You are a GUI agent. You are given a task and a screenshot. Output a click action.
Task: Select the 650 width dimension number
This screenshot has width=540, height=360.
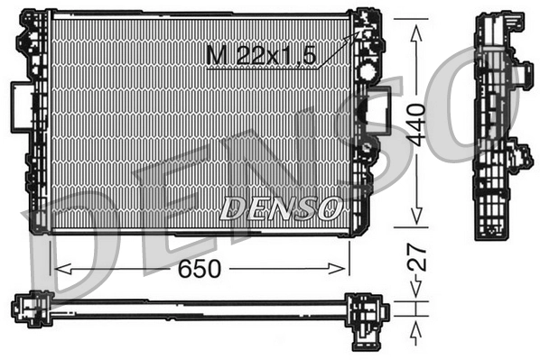click(200, 269)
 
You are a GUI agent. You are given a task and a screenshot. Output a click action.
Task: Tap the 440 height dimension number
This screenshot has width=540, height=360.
click(415, 125)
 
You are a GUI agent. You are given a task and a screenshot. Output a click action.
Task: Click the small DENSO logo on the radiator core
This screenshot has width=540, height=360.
click(281, 208)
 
